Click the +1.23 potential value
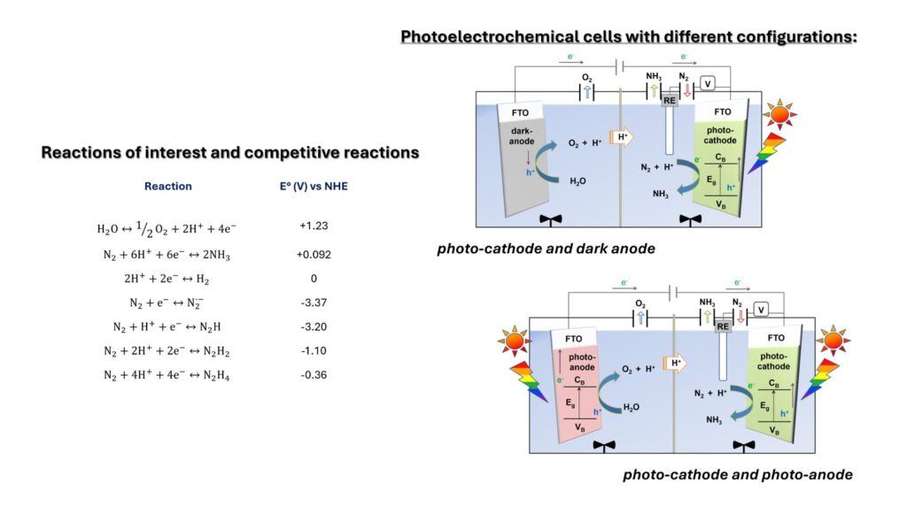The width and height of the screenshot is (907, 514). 314,226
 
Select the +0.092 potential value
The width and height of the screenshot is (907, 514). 314,254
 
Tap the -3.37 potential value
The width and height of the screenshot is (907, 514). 314,303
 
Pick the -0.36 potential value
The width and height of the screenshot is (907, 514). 314,375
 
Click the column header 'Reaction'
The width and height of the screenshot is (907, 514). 167,186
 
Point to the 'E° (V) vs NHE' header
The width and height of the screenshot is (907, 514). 314,186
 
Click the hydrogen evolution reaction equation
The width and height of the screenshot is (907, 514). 167,279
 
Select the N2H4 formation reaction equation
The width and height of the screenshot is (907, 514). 167,375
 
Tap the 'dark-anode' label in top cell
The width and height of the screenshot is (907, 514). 521,136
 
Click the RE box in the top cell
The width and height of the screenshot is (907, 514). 670,101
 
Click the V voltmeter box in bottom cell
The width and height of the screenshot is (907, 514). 761,311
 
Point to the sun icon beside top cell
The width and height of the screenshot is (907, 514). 779,114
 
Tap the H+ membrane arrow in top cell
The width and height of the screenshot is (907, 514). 621,137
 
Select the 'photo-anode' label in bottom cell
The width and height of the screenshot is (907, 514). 581,362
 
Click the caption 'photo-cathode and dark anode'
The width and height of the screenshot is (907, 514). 546,249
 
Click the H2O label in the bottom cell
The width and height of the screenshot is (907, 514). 631,407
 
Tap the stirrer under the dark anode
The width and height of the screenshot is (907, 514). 550,219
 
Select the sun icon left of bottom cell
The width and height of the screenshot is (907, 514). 514,341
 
